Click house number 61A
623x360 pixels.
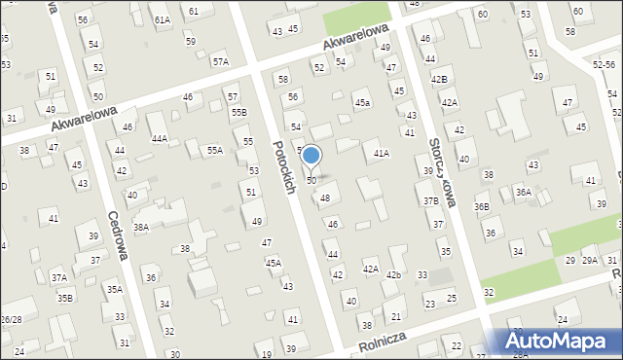tap(162, 19)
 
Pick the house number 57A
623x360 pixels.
tap(221, 61)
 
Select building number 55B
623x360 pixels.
tap(238, 113)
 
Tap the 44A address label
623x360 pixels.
tap(159, 139)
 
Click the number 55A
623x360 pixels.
tap(214, 150)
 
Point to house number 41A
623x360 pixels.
tap(382, 153)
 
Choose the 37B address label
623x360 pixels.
tap(430, 201)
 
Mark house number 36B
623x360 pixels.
tap(482, 206)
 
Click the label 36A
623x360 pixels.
tap(524, 193)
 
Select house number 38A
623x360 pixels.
tap(141, 227)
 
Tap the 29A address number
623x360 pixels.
tap(589, 261)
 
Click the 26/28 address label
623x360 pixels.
tap(11, 319)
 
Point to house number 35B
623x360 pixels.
tap(64, 297)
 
